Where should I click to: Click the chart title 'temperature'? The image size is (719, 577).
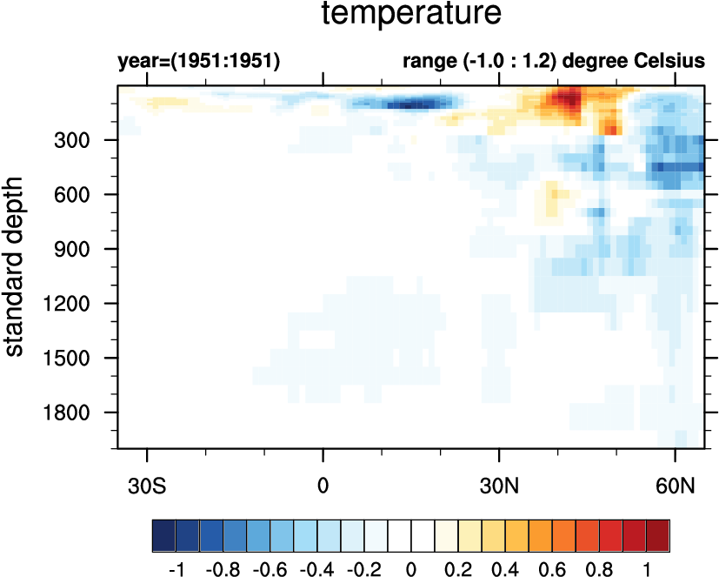410,15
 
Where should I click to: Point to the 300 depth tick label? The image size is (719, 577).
86,140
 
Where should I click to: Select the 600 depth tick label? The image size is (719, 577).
86,195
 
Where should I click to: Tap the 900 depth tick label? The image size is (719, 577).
86,249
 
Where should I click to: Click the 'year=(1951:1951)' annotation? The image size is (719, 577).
198,62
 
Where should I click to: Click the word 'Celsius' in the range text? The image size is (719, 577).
671,62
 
